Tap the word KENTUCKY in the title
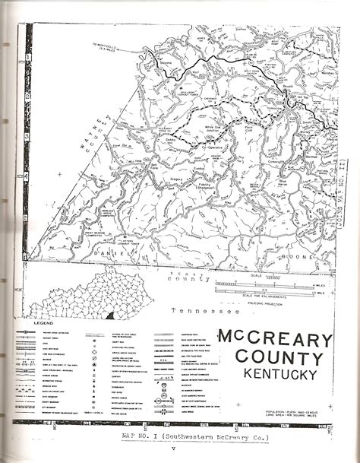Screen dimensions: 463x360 coord(276,373)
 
